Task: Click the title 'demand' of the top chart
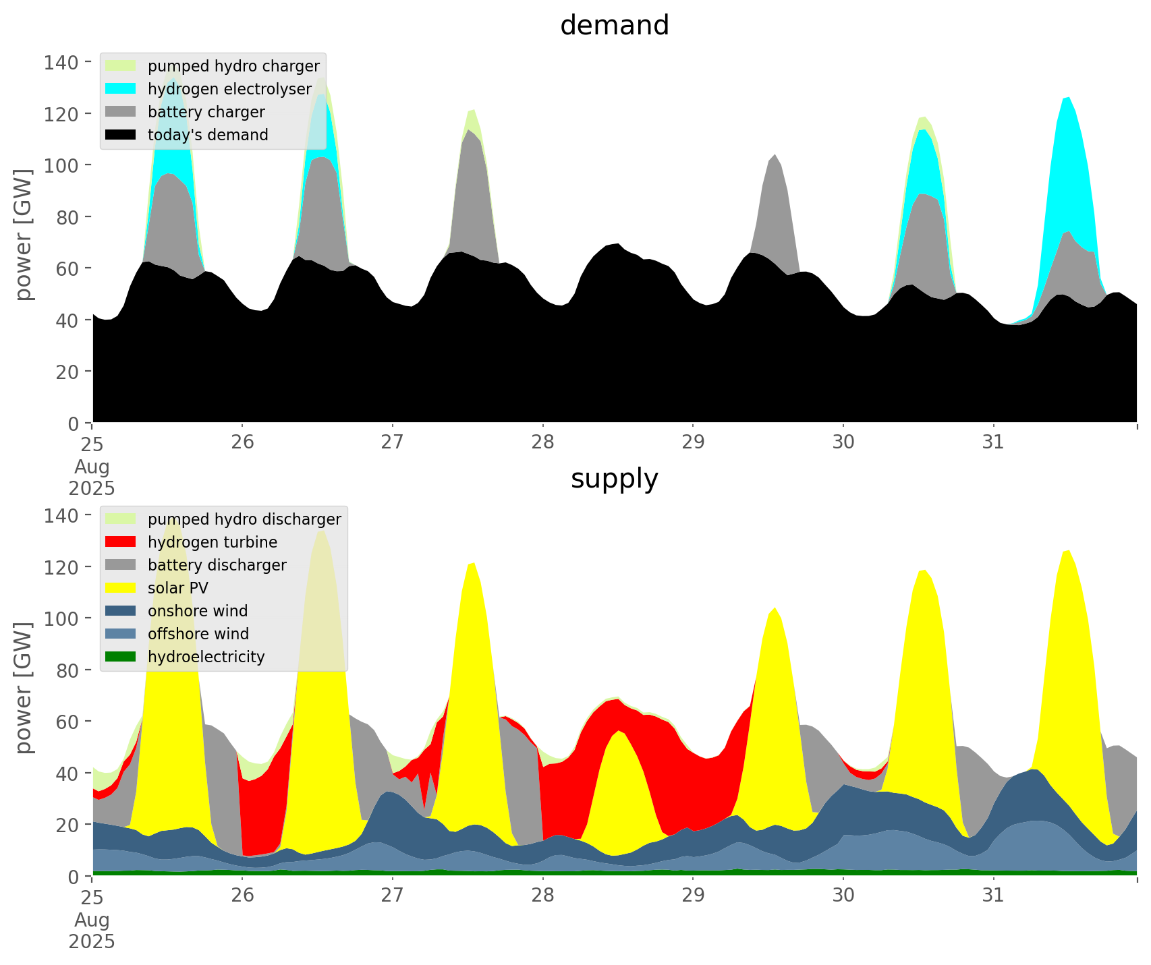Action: pos(614,26)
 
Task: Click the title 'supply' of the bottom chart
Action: pos(614,479)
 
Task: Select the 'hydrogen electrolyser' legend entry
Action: pos(229,89)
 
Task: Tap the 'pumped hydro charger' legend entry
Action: pos(233,66)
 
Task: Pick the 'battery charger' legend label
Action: pos(206,112)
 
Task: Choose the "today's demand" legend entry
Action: pos(208,135)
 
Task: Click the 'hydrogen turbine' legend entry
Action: pos(212,542)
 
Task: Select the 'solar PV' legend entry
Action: pos(177,588)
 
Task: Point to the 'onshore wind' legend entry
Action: pos(198,611)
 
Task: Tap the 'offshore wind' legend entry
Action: pos(198,634)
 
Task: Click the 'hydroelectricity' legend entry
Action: pos(206,657)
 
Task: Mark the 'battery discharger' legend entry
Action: pos(217,565)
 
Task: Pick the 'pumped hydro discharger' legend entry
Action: pos(244,519)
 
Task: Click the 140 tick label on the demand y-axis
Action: pos(61,63)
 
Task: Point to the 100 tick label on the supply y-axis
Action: pos(61,618)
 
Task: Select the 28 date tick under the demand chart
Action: pos(542,442)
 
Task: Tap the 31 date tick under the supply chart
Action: pos(993,896)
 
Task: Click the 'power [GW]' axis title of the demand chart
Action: pos(24,235)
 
